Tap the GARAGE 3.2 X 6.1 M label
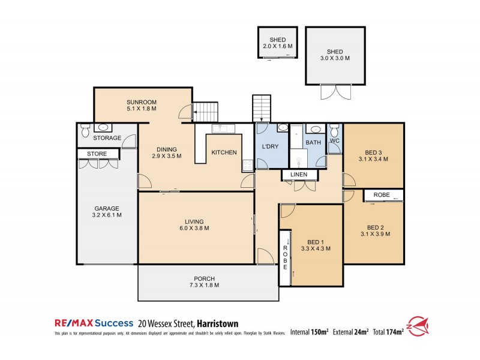(106, 211)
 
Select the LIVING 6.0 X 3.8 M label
(196, 225)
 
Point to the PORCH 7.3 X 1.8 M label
(204, 281)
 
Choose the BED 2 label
(375, 230)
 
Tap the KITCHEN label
(224, 152)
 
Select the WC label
(335, 142)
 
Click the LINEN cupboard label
(299, 175)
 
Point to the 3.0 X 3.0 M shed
(335, 55)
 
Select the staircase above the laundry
(262, 108)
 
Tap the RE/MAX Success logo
(94, 323)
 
